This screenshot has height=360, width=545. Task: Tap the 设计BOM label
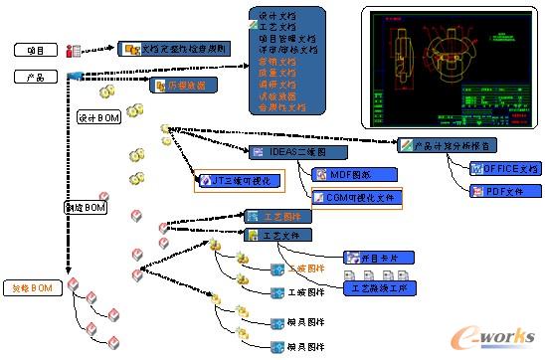click(x=96, y=117)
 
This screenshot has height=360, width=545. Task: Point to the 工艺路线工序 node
click(x=381, y=288)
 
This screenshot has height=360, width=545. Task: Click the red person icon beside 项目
click(x=73, y=51)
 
